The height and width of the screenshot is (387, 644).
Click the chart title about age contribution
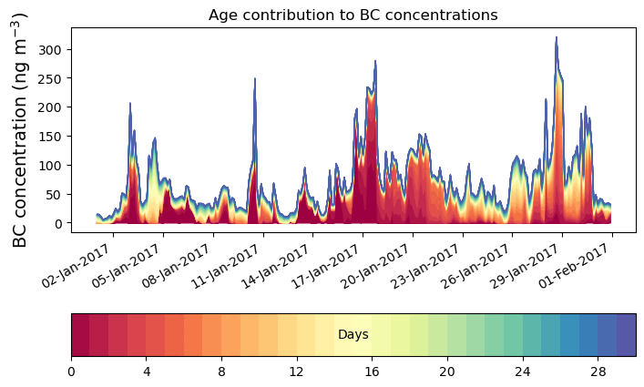(x=353, y=15)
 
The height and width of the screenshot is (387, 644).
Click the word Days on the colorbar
(x=353, y=335)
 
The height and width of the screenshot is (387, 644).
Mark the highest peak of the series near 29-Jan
(x=556, y=38)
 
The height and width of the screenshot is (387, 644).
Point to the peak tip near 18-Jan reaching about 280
(x=375, y=62)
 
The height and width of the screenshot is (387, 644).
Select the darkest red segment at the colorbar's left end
(x=80, y=334)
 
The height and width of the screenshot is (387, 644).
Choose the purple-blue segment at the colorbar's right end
(x=627, y=334)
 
